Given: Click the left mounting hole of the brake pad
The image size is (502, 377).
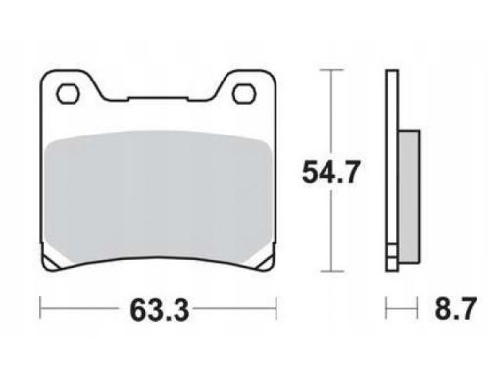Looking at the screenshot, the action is (69, 94).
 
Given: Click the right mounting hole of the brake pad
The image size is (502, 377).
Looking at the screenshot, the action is (244, 94).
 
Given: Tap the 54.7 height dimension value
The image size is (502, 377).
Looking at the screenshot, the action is (330, 172).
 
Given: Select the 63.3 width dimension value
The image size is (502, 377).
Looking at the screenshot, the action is (160, 310).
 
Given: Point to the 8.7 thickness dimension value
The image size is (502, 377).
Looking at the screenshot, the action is (456, 309).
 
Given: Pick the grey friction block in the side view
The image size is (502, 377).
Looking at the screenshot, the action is (409, 196).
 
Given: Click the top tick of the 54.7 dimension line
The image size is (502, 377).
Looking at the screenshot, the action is (331, 70).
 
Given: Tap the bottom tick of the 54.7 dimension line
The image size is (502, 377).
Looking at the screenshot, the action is (331, 271).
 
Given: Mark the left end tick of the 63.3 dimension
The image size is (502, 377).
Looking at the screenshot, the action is (40, 308).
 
